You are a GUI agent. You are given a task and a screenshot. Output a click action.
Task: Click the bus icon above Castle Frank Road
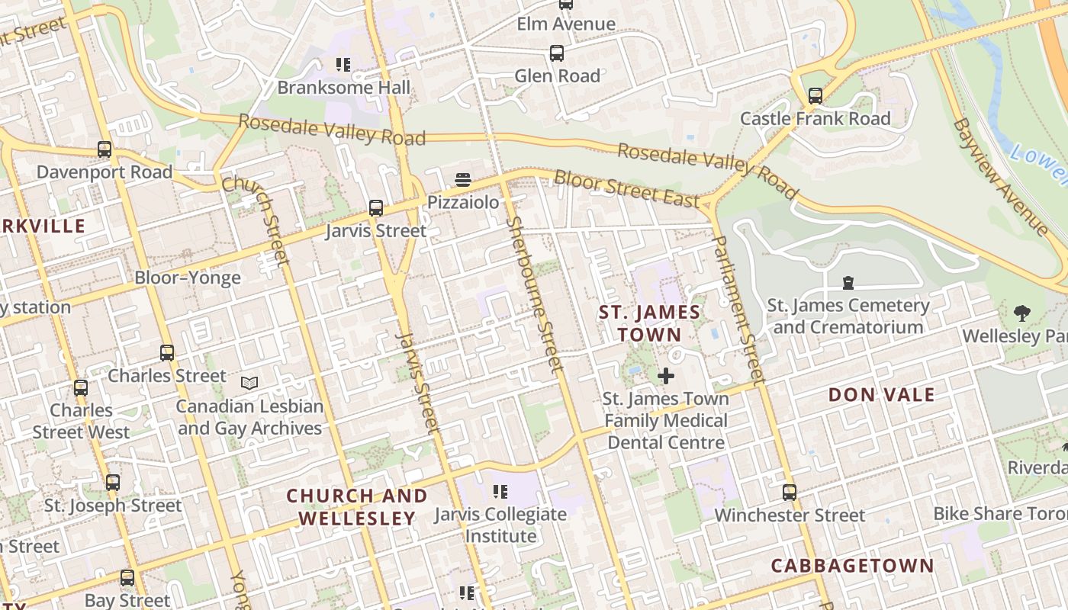pyautogui.click(x=815, y=96)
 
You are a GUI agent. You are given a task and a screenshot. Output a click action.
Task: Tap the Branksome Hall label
pyautogui.click(x=343, y=88)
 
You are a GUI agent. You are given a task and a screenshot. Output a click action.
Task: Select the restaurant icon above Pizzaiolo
pyautogui.click(x=462, y=180)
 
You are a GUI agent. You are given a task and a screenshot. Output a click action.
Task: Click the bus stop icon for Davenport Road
pyautogui.click(x=105, y=149)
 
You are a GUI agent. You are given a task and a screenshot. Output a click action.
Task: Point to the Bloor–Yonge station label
pyautogui.click(x=188, y=278)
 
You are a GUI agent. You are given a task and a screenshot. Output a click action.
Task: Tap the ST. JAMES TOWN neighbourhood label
pyautogui.click(x=649, y=323)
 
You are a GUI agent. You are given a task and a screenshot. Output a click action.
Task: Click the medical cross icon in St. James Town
pyautogui.click(x=666, y=376)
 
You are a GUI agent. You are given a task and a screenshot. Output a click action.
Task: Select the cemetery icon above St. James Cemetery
pyautogui.click(x=848, y=284)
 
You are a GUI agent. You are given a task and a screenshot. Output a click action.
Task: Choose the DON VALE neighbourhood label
pyautogui.click(x=881, y=395)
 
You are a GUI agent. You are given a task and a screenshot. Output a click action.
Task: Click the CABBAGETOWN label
pyautogui.click(x=852, y=566)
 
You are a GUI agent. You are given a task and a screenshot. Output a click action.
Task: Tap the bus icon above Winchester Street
pyautogui.click(x=790, y=493)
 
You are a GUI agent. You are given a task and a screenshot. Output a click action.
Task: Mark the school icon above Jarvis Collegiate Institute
pyautogui.click(x=500, y=492)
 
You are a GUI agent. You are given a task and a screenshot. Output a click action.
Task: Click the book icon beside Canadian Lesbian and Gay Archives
pyautogui.click(x=249, y=383)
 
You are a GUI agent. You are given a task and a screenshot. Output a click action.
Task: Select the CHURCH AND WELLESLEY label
pyautogui.click(x=357, y=507)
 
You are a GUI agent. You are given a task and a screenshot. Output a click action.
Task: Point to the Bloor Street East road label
pyautogui.click(x=626, y=189)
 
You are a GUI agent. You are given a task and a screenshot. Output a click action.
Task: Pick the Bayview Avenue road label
pyautogui.click(x=1000, y=176)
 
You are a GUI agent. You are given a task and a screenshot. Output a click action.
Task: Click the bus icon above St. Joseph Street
pyautogui.click(x=113, y=483)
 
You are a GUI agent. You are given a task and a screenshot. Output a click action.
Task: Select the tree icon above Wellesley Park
pyautogui.click(x=1021, y=313)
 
